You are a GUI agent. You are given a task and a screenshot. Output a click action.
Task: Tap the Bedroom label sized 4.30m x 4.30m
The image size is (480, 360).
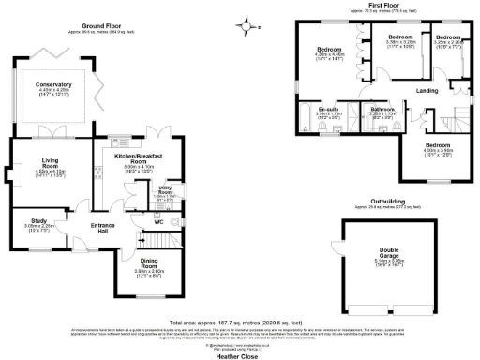(x=329, y=49)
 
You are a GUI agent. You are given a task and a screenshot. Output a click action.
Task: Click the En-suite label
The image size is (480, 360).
(x=328, y=111)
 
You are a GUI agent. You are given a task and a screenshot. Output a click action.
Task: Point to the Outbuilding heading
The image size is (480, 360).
(x=386, y=202)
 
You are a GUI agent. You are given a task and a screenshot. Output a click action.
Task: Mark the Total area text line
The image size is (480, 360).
(x=240, y=318)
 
